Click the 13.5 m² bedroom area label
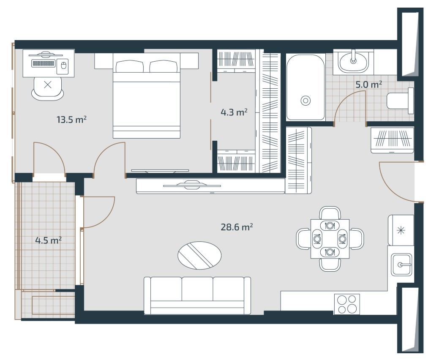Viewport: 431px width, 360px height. click(71, 120)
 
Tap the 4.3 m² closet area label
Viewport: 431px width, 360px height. click(234, 112)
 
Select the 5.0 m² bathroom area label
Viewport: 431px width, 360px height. click(368, 85)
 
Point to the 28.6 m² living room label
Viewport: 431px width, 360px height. click(237, 227)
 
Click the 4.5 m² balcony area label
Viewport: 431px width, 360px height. click(48, 240)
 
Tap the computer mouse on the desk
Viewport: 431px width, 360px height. click(63, 65)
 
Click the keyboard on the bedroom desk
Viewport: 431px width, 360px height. click(43, 63)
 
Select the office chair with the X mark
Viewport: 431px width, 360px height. click(48, 87)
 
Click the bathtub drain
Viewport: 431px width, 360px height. click(306, 101)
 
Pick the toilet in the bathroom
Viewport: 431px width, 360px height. click(400, 101)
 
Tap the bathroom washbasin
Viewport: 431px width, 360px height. click(353, 63)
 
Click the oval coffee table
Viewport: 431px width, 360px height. click(199, 255)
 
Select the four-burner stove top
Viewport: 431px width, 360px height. click(347, 304)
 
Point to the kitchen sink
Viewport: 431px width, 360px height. click(401, 265)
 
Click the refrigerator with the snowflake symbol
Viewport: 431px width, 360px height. click(401, 230)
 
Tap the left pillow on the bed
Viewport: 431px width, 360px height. click(129, 66)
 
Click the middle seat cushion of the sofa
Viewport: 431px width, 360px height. click(197, 289)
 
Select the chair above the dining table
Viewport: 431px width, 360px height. click(330, 213)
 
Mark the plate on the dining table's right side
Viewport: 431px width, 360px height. click(342, 239)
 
